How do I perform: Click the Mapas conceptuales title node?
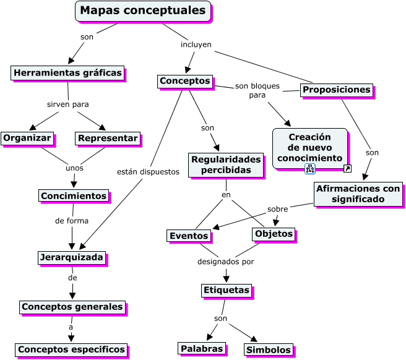(x=143, y=11)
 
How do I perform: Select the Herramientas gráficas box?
(x=67, y=73)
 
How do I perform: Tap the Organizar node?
(x=27, y=138)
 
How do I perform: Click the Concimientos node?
(x=74, y=196)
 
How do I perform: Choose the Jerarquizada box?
(x=71, y=257)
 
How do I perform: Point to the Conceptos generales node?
(x=72, y=307)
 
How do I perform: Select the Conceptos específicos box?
(x=71, y=349)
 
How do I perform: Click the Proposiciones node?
(x=337, y=90)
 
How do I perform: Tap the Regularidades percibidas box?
(x=222, y=165)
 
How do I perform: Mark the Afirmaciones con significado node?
(x=358, y=194)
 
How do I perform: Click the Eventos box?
(x=189, y=236)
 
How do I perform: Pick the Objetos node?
(x=274, y=234)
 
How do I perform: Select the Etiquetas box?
(x=227, y=290)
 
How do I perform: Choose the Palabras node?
(x=201, y=349)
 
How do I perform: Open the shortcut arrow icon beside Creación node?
(x=347, y=169)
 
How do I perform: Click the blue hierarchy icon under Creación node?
(x=310, y=169)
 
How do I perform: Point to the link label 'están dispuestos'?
(x=148, y=172)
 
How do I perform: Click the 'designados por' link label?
(x=226, y=262)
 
